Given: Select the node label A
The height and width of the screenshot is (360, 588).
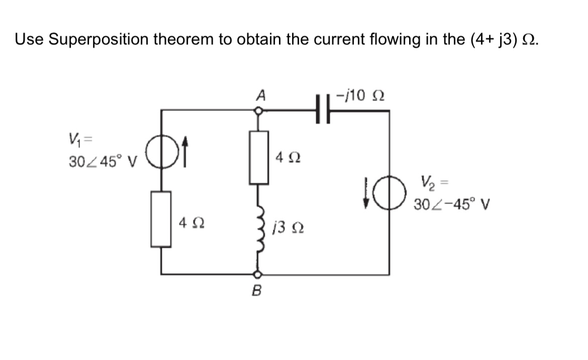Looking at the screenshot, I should click(260, 95).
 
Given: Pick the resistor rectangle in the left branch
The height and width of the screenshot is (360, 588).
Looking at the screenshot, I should click(161, 219).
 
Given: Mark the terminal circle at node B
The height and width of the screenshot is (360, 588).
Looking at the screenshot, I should click(257, 275).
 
